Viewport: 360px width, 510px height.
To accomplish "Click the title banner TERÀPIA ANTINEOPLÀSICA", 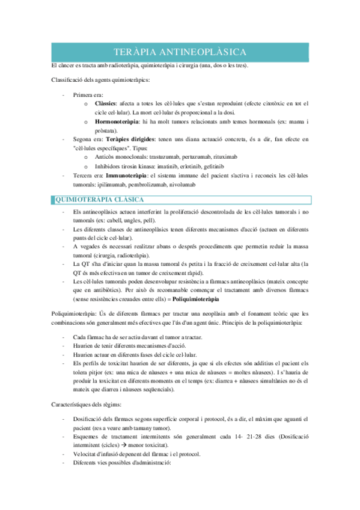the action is (x=180, y=52).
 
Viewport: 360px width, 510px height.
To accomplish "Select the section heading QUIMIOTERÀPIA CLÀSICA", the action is (x=99, y=200).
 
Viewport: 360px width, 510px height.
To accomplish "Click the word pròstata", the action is (x=106, y=131).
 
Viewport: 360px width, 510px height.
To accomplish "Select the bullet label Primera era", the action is (x=88, y=94).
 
